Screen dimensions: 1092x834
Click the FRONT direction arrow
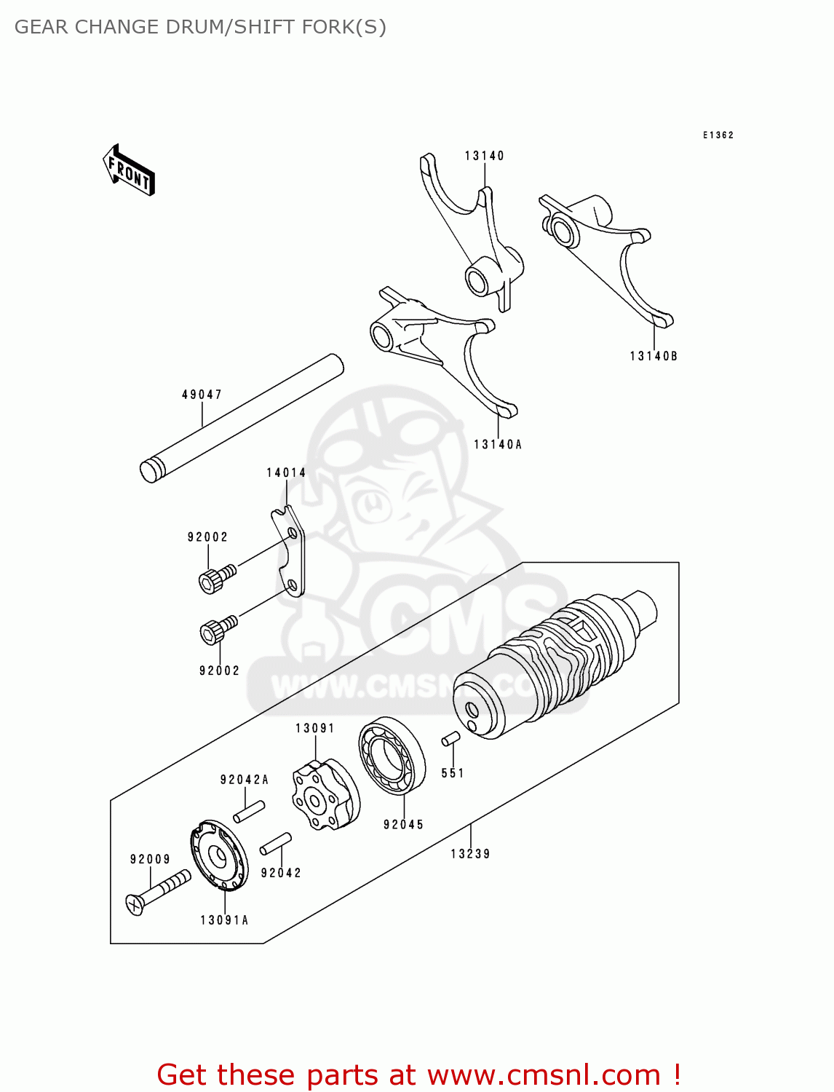pyautogui.click(x=129, y=170)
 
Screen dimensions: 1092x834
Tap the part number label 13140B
pyautogui.click(x=653, y=356)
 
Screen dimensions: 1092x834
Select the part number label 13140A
pyautogui.click(x=497, y=444)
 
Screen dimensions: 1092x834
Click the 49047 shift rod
pyautogui.click(x=241, y=419)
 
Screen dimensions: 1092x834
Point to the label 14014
pyautogui.click(x=286, y=472)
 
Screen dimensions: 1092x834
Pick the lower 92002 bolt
pyautogui.click(x=218, y=629)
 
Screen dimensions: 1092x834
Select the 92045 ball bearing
pyautogui.click(x=392, y=756)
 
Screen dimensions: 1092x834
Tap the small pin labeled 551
pyautogui.click(x=450, y=739)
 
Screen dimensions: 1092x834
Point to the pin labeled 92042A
pyautogui.click(x=248, y=811)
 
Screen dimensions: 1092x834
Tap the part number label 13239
pyautogui.click(x=470, y=853)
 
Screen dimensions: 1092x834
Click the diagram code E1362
pyautogui.click(x=718, y=135)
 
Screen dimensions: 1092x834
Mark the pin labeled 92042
pyautogui.click(x=276, y=844)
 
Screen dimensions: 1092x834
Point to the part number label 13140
pyautogui.click(x=485, y=156)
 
